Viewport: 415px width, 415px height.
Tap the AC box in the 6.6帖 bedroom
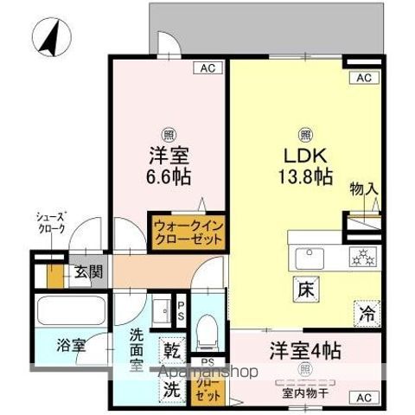coord(207,67)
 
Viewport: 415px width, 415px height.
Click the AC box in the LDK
coord(363,79)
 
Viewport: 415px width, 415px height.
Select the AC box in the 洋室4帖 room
coord(363,397)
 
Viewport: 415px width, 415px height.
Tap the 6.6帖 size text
coord(169,176)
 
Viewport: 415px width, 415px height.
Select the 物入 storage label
coord(363,189)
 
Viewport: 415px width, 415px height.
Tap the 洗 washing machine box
coord(171,388)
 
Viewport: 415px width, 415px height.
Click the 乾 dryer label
coord(171,352)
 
